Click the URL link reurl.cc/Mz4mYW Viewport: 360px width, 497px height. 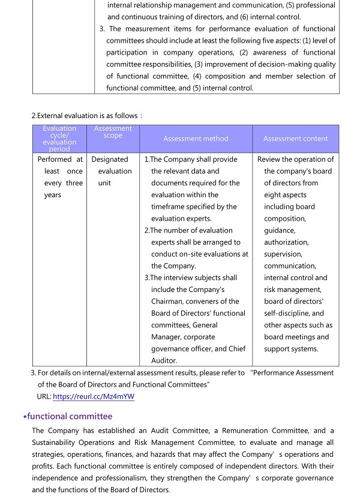94,396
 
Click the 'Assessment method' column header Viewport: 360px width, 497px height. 196,138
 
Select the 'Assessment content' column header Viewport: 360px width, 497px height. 295,138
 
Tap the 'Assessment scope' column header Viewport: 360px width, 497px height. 113,132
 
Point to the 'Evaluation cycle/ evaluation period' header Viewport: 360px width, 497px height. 59,138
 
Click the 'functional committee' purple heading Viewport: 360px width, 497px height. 69,416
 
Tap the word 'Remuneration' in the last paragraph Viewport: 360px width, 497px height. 245,431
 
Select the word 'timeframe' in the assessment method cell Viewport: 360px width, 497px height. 169,207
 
